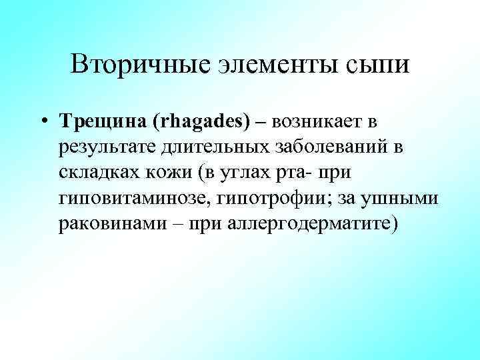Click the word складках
99,173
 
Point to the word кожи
172,173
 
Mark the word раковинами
112,224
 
